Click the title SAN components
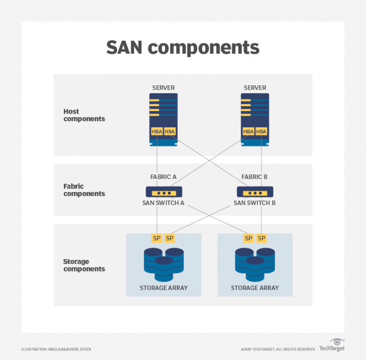182,48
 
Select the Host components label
84,115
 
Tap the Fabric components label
84,190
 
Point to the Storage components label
84,265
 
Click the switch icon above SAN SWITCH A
163,192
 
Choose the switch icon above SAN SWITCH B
255,192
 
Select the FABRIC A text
163,177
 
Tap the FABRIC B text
254,177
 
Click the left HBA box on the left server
157,132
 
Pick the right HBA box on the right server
261,132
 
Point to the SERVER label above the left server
163,88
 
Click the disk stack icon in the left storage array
163,263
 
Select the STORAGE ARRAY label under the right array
255,288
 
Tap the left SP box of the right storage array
248,238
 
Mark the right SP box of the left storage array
170,238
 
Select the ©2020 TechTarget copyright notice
278,349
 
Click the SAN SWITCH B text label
254,203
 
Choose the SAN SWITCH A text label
163,203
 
